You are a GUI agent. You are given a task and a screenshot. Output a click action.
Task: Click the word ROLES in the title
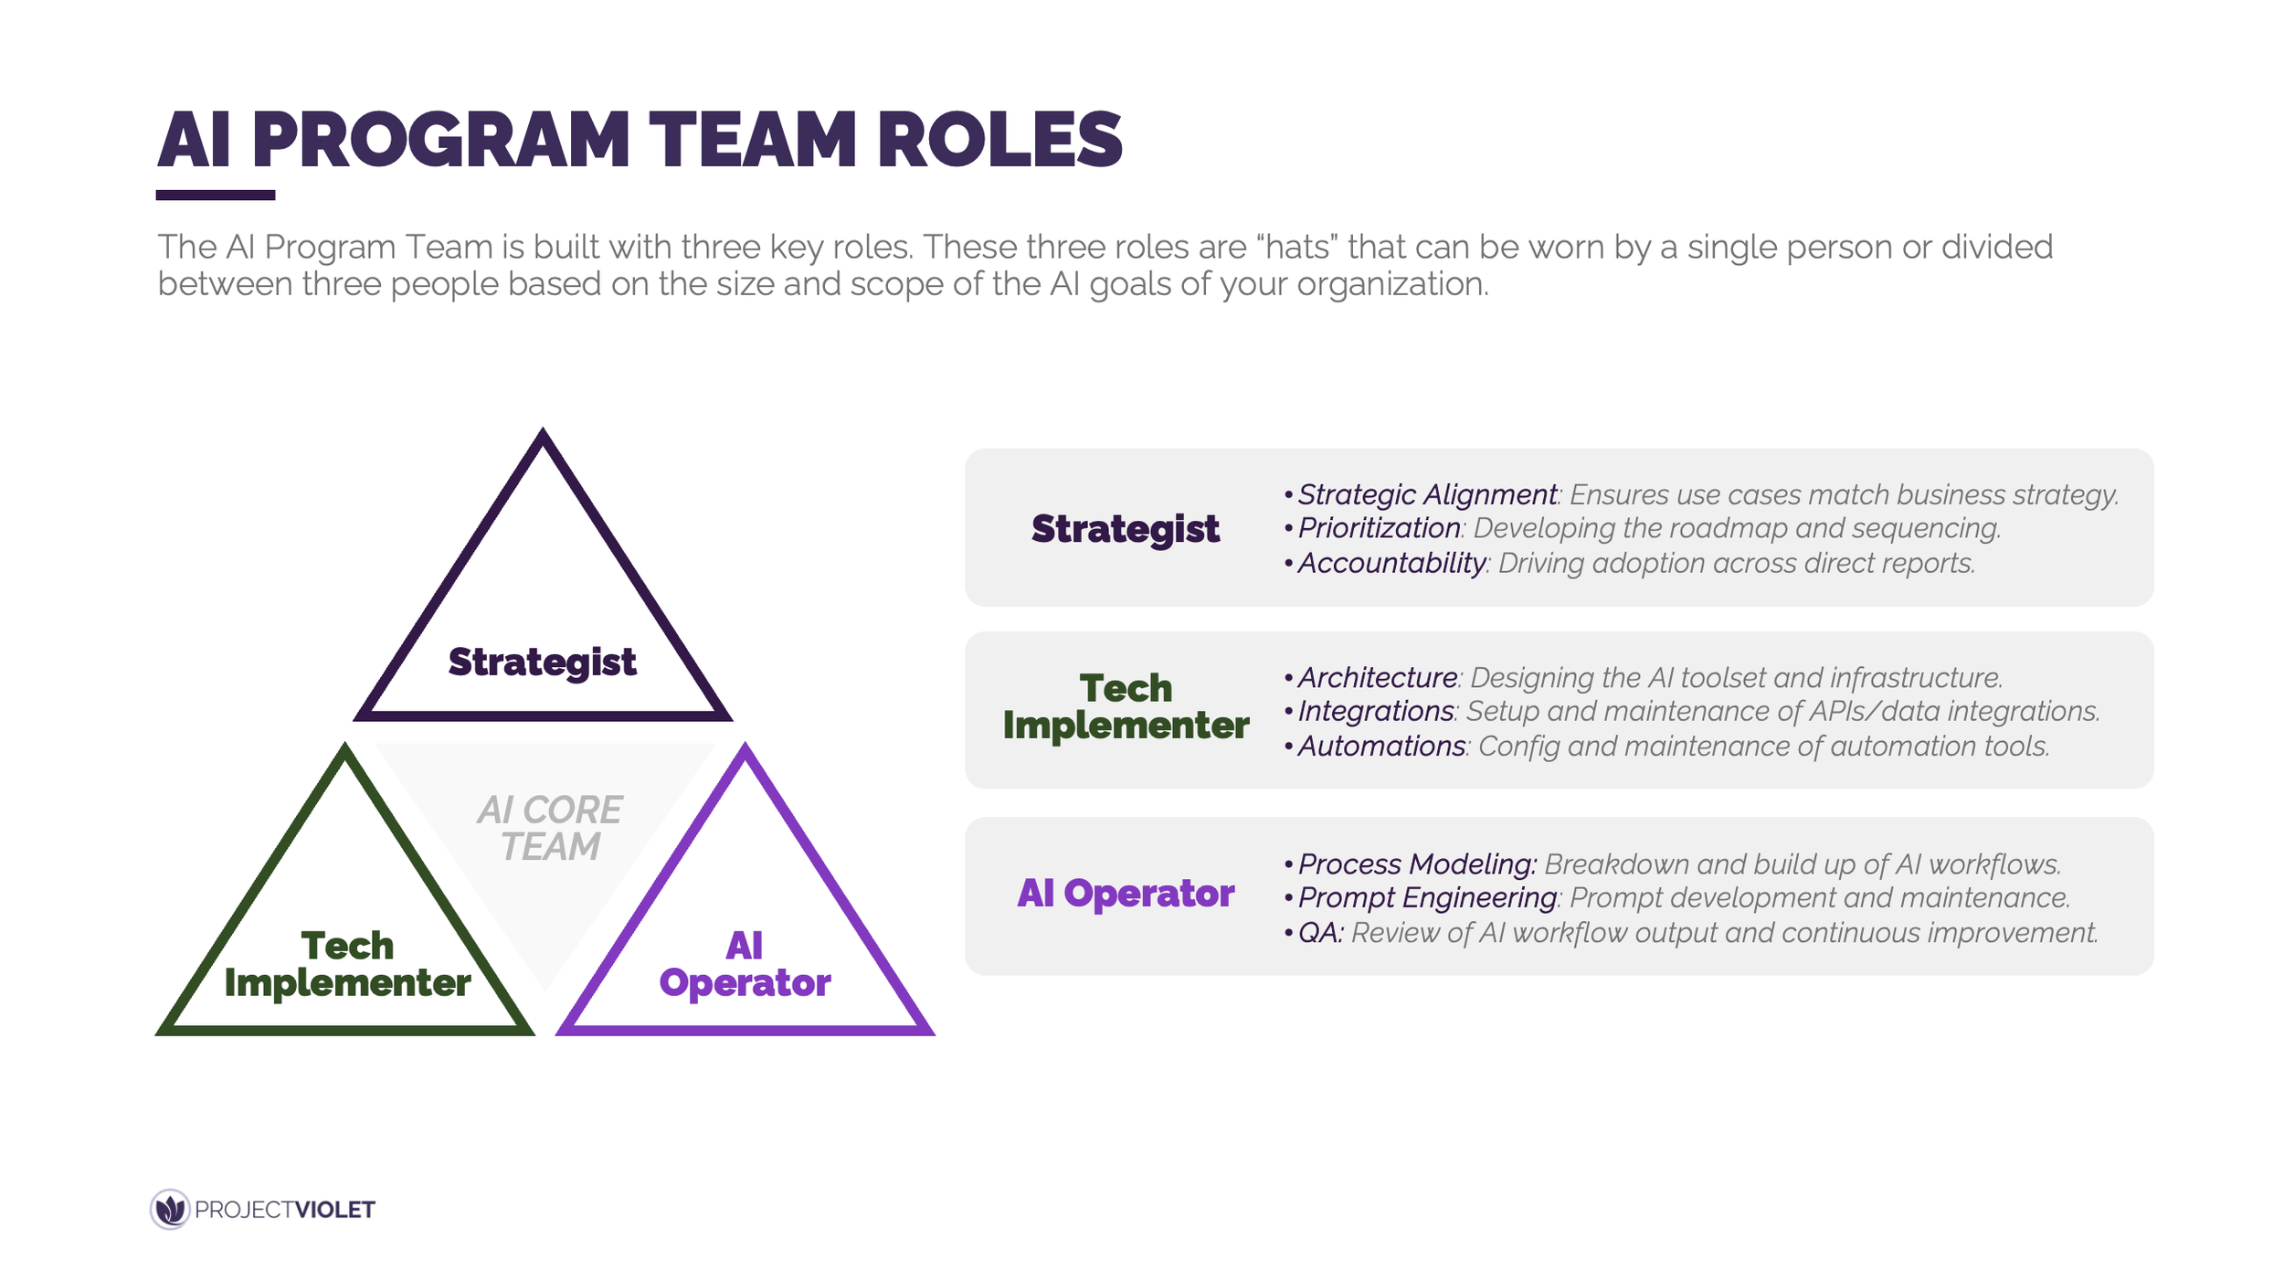coord(999,140)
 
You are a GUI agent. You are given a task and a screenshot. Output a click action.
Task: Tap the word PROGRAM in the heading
coord(440,140)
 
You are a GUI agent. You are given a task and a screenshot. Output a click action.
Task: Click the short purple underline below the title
coord(215,195)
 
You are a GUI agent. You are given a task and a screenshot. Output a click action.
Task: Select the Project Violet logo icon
coord(170,1209)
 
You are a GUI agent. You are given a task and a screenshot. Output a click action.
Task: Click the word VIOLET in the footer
coord(334,1210)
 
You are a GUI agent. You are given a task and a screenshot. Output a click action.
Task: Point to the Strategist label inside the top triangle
coord(542,662)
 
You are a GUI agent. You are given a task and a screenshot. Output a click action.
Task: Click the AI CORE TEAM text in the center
coord(549,828)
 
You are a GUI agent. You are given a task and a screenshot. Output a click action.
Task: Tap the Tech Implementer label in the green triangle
coord(347,964)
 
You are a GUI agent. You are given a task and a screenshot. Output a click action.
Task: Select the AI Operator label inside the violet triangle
coord(745,964)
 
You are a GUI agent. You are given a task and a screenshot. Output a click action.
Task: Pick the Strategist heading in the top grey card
coord(1125,529)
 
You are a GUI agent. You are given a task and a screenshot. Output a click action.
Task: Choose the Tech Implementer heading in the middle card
coord(1125,706)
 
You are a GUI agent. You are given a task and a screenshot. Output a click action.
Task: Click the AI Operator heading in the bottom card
coord(1125,894)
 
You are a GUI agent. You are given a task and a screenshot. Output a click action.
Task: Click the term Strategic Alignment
coord(1427,494)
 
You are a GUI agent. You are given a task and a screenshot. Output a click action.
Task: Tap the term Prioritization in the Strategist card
coord(1379,528)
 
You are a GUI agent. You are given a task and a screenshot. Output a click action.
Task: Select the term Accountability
coord(1391,563)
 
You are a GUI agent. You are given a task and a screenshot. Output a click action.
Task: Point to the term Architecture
coord(1377,678)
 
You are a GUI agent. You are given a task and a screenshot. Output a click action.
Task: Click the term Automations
coord(1381,747)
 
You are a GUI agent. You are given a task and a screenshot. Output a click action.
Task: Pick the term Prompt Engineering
coord(1427,898)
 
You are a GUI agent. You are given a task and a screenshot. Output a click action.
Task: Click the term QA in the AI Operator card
coord(1318,933)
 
